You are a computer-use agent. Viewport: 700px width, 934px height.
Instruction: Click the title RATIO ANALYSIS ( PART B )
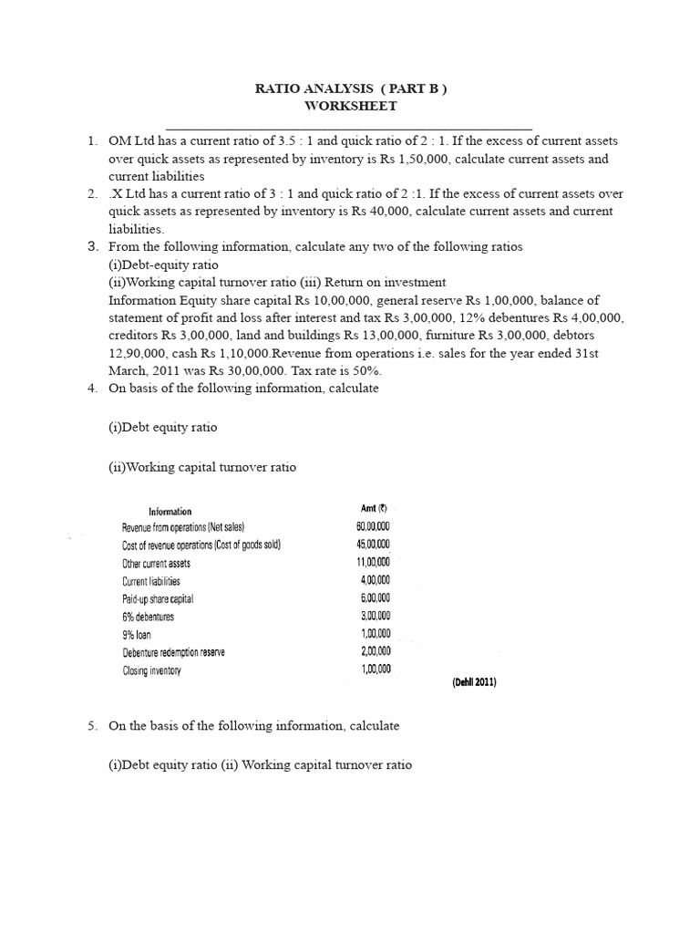350,88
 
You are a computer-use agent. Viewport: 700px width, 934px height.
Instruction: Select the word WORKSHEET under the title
350,106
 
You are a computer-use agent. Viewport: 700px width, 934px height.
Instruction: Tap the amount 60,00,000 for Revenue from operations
373,527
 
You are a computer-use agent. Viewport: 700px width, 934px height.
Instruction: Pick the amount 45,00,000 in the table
373,545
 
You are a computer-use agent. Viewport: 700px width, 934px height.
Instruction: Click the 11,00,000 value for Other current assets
373,563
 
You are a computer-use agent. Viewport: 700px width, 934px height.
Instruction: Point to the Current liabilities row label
151,581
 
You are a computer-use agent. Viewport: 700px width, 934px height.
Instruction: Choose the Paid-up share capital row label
158,599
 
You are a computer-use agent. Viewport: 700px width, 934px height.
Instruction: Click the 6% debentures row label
148,617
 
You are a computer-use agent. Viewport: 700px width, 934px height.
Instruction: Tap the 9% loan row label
138,635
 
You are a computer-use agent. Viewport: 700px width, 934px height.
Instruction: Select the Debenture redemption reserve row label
173,652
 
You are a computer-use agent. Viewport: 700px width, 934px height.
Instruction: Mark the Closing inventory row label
152,670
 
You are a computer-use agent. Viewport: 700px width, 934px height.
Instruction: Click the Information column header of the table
170,511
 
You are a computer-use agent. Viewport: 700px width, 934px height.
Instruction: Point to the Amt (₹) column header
375,509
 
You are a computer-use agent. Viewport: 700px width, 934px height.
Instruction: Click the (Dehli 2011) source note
474,682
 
